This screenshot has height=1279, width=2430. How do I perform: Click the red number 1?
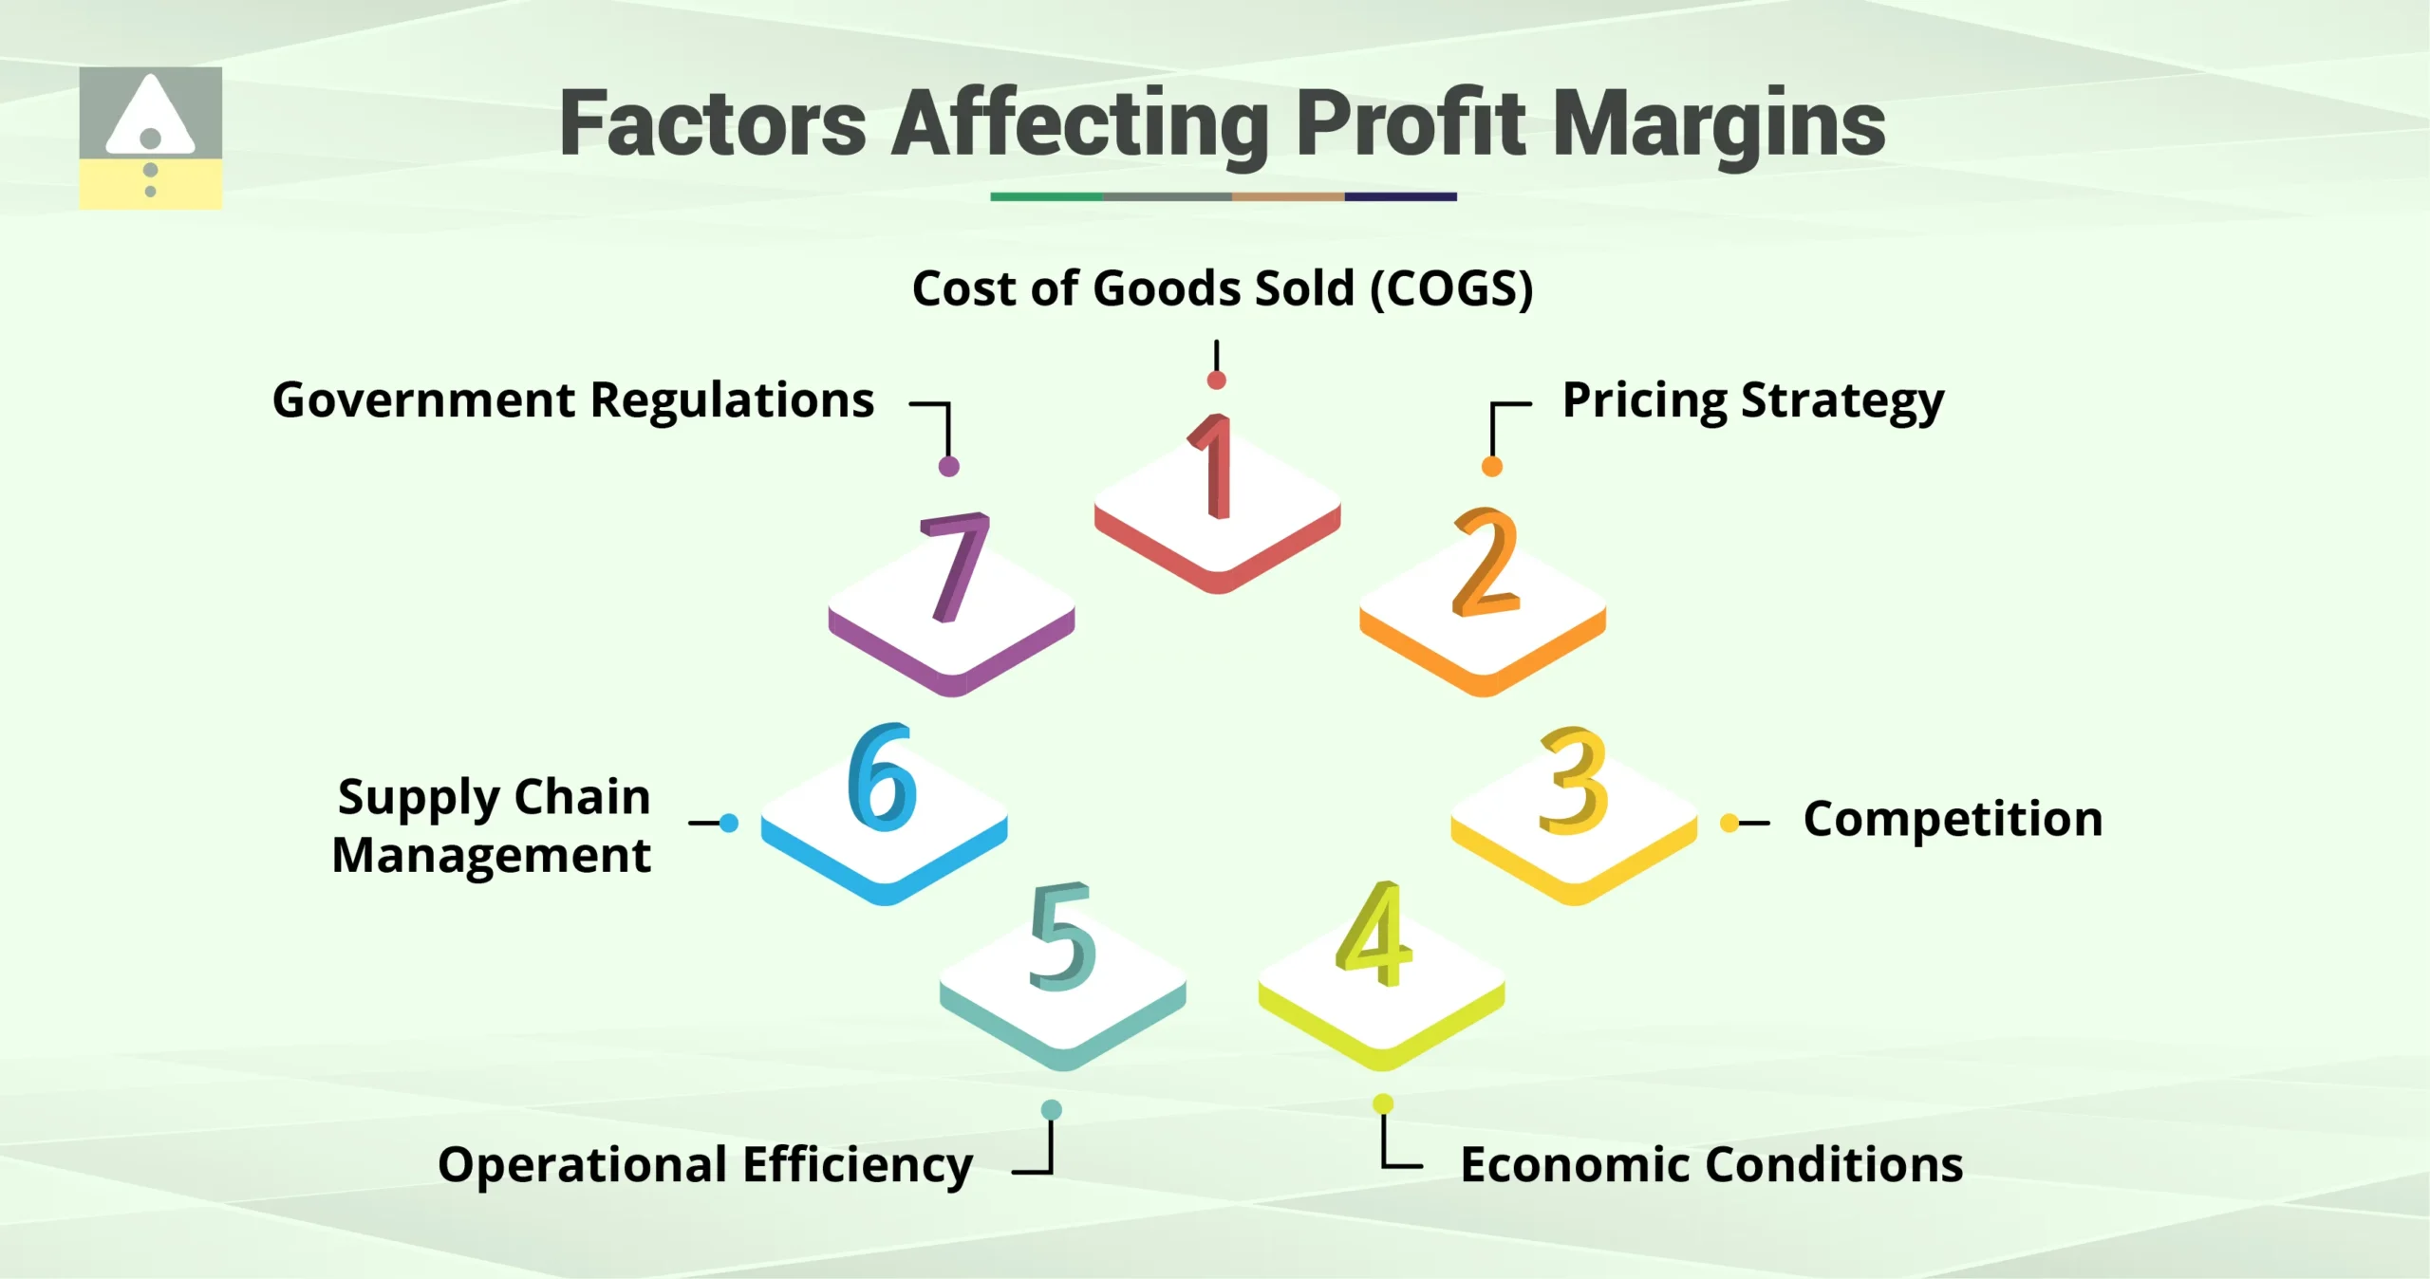pyautogui.click(x=1215, y=467)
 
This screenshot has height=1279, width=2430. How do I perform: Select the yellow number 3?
pyautogui.click(x=1574, y=780)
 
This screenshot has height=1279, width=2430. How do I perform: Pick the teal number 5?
pyautogui.click(x=1063, y=937)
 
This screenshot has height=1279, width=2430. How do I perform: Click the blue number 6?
pyautogui.click(x=883, y=776)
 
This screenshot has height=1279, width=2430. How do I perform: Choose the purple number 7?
pyautogui.click(x=955, y=566)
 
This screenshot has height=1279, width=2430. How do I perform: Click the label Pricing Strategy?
pyautogui.click(x=1752, y=401)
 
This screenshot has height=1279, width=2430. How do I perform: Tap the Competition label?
pyautogui.click(x=1953, y=819)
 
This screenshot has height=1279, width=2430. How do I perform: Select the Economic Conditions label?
pyautogui.click(x=1711, y=1164)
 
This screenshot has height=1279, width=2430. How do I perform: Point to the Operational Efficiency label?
pyautogui.click(x=704, y=1165)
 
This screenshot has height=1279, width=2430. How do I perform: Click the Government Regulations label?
pyautogui.click(x=573, y=400)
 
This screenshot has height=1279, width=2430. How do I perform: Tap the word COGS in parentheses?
pyautogui.click(x=1451, y=288)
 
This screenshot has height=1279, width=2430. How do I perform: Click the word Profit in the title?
pyautogui.click(x=1411, y=123)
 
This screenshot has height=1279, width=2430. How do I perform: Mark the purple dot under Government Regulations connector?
pyautogui.click(x=948, y=466)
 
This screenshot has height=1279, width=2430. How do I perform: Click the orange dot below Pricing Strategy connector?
pyautogui.click(x=1492, y=467)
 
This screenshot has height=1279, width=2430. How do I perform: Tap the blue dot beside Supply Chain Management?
pyautogui.click(x=729, y=823)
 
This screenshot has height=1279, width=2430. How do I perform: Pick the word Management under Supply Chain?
pyautogui.click(x=491, y=856)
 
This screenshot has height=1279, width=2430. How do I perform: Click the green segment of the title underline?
pyautogui.click(x=1046, y=196)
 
